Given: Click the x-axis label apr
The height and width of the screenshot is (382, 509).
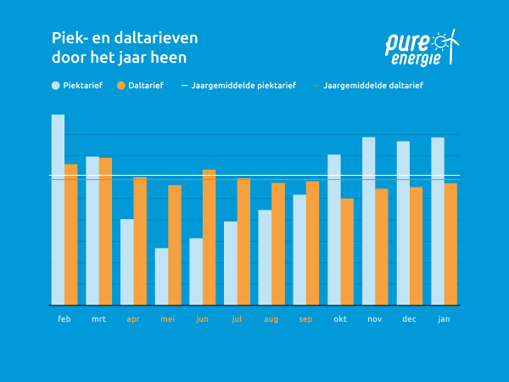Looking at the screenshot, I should (133, 319).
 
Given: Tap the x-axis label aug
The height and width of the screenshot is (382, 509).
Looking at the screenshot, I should (271, 319).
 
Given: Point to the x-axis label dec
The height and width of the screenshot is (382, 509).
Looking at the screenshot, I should (409, 319).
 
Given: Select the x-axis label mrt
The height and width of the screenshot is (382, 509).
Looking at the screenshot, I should (98, 319).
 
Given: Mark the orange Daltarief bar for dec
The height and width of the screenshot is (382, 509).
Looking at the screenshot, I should (416, 245).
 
